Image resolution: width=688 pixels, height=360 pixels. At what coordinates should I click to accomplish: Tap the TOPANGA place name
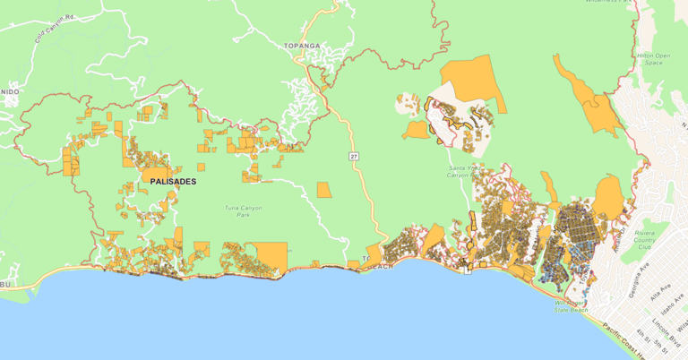point(301,44)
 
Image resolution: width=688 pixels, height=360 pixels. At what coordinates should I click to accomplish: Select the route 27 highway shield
point(355,157)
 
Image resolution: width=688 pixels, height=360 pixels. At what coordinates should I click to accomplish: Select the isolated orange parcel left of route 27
point(323,190)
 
